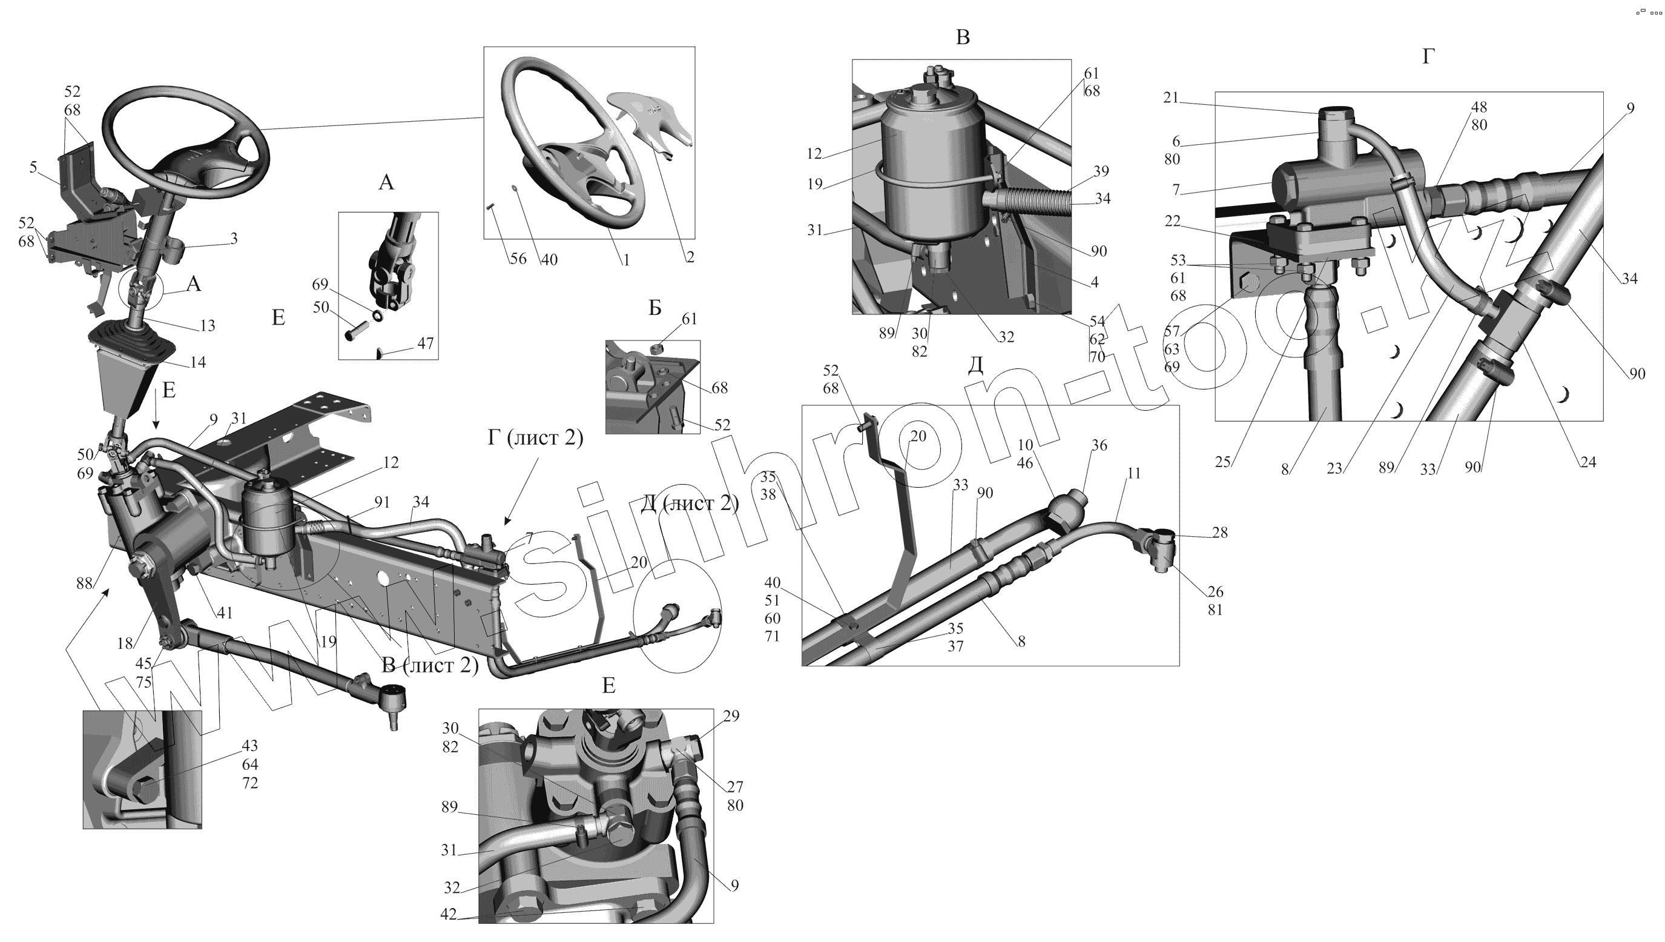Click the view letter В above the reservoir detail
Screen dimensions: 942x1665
click(x=962, y=38)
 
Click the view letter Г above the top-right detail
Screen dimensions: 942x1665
click(x=1428, y=57)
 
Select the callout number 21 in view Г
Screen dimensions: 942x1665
click(x=1171, y=98)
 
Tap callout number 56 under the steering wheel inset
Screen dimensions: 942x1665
click(x=518, y=259)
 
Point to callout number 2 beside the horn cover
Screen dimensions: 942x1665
click(x=690, y=257)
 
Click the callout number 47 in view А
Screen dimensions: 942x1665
click(x=425, y=343)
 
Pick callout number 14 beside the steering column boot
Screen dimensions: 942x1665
click(x=198, y=362)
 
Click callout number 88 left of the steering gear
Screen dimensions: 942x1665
click(x=85, y=583)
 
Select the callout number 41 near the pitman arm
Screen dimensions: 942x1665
click(x=225, y=612)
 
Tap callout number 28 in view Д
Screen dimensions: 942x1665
click(x=1219, y=532)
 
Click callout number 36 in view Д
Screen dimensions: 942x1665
click(x=1100, y=445)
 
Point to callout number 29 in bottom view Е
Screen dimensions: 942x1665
click(x=731, y=716)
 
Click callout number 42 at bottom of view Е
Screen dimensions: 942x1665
click(x=448, y=914)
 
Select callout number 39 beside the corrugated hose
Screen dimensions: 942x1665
click(x=1101, y=171)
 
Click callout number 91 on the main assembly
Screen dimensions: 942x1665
click(x=382, y=502)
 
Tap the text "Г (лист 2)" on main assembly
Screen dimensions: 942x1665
click(x=535, y=439)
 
